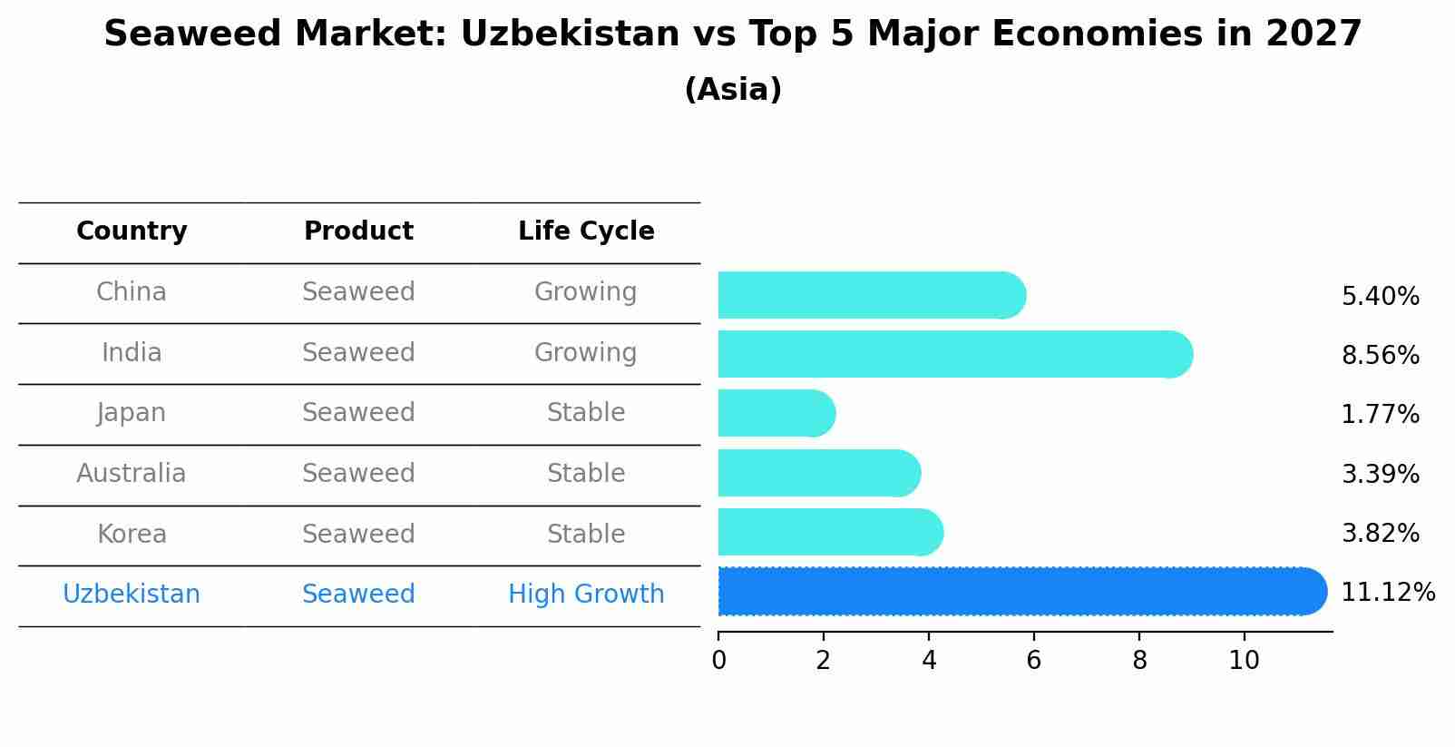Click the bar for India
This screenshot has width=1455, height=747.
click(952, 354)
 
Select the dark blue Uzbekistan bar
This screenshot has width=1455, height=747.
click(1020, 592)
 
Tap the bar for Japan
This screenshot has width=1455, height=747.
click(776, 414)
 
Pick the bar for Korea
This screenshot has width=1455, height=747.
click(830, 533)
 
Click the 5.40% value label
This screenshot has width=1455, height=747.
click(1380, 297)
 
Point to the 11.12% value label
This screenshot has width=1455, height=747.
click(1387, 593)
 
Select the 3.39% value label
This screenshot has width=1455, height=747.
click(1380, 474)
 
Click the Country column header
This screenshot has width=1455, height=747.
click(132, 231)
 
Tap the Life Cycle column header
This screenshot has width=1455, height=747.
click(586, 231)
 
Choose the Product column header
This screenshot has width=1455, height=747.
click(358, 231)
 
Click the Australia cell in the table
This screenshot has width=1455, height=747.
click(132, 474)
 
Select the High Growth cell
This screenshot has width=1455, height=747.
click(586, 595)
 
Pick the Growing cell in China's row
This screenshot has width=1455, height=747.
click(586, 292)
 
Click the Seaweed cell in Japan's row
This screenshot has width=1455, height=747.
click(358, 413)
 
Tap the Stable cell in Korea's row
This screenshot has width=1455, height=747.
click(586, 534)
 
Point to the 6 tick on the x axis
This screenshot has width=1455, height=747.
click(1033, 661)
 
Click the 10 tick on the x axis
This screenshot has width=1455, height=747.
click(1244, 661)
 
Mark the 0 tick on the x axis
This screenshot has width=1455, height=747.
click(718, 661)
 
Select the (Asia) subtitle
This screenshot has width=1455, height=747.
click(733, 90)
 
